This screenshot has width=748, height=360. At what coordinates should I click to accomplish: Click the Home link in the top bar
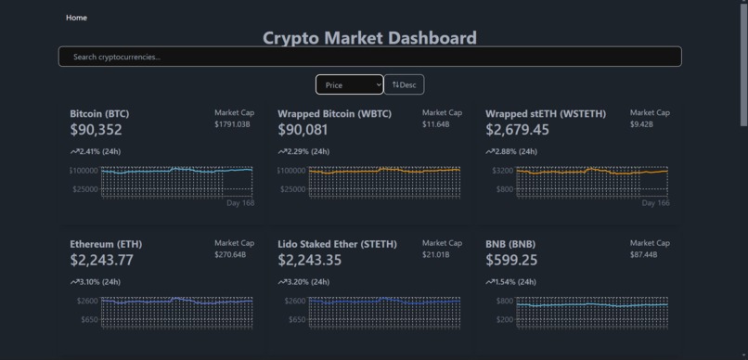coord(76,18)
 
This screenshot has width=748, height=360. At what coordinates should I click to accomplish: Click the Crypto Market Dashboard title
coord(369,38)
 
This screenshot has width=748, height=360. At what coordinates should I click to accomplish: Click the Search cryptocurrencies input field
coord(369,57)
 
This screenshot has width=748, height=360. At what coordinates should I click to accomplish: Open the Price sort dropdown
coord(349,84)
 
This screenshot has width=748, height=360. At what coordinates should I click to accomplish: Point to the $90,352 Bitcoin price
coord(96,130)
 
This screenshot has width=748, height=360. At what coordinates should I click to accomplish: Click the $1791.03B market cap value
coord(232,124)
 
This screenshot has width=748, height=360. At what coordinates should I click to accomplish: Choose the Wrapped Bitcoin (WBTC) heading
coord(334,114)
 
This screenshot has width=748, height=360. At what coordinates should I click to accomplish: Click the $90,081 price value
coord(303,130)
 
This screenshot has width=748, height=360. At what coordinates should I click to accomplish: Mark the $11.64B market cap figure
coord(435,124)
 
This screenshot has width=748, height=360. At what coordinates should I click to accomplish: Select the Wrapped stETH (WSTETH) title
coord(545,114)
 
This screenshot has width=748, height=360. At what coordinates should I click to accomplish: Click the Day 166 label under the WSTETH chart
coord(655,202)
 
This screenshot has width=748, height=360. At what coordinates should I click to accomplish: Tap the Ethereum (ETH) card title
coord(106,244)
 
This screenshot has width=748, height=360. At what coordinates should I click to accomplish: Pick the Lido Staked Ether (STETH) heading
coord(337,244)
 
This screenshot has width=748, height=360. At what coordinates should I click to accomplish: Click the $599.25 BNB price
coord(511,260)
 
